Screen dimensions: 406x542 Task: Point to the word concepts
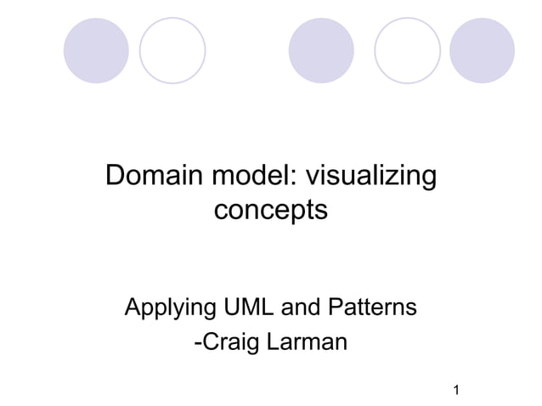(270, 209)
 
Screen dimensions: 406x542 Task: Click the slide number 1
(457, 391)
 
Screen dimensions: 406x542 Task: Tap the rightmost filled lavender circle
(482, 50)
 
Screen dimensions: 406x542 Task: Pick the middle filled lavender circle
(322, 50)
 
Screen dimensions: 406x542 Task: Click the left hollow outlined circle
(172, 50)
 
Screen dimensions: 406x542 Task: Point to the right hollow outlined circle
(407, 50)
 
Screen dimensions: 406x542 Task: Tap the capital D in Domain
(114, 178)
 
